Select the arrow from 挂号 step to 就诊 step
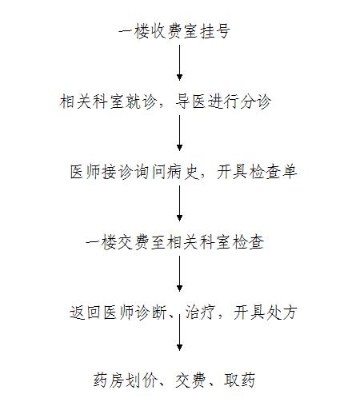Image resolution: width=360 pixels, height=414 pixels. click(x=179, y=62)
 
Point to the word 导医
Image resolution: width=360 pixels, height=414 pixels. click(x=190, y=102)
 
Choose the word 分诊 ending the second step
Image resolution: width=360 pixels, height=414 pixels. click(x=256, y=102)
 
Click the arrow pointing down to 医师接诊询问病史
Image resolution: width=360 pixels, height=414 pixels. click(x=179, y=133)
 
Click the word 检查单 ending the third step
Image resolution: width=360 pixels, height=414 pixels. click(x=273, y=172)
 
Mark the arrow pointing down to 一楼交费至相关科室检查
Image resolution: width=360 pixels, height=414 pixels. click(x=179, y=203)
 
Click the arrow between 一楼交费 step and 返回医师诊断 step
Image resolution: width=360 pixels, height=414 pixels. click(x=179, y=273)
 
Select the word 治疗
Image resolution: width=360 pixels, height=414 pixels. click(x=200, y=312)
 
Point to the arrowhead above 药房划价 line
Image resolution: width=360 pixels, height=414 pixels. click(x=179, y=347)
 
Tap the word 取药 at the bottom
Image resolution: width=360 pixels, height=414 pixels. click(x=239, y=380)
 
